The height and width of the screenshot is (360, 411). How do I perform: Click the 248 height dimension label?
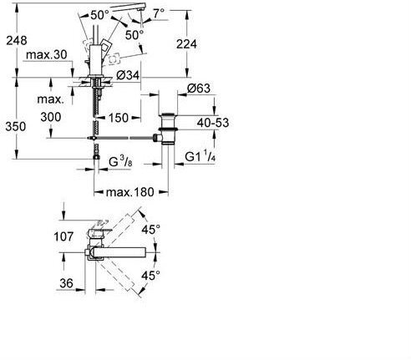(17, 41)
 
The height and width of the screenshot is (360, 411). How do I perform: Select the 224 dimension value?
(186, 44)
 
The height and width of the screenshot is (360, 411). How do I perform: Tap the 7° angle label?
(159, 13)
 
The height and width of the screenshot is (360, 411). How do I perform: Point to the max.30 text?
(47, 55)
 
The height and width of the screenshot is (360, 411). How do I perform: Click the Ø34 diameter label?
(128, 75)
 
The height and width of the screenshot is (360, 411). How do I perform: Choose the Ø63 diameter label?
(199, 89)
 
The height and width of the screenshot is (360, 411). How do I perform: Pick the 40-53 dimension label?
(213, 123)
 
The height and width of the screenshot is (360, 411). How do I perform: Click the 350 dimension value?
(16, 127)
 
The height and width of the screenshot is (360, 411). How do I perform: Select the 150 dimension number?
(119, 118)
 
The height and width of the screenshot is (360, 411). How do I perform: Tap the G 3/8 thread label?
(120, 162)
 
